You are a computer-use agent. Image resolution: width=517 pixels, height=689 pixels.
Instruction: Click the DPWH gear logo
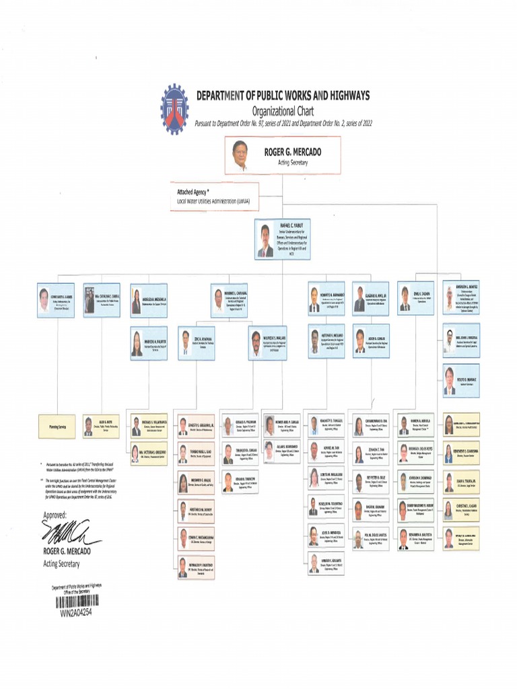174,109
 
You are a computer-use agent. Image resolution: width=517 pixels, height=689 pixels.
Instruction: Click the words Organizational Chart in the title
283,111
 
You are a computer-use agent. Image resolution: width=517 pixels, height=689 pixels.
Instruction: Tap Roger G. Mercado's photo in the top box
240,155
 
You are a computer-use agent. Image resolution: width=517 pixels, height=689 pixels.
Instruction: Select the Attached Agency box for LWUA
213,196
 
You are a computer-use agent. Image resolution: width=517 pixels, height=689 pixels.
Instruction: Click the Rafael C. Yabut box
281,238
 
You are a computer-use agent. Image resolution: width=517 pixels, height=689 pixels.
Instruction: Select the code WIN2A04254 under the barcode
75,613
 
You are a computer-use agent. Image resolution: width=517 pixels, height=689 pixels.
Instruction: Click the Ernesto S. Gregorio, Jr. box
196,426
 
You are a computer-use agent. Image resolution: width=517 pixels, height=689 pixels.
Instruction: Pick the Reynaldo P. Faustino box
196,567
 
